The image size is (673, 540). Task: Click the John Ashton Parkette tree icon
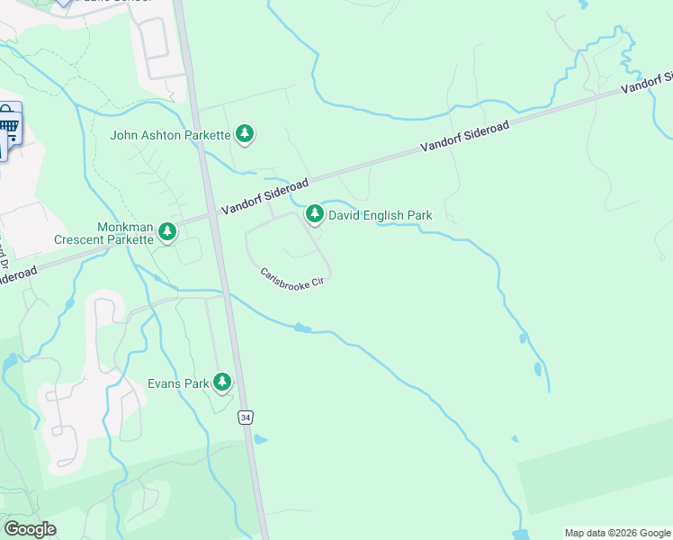(244, 135)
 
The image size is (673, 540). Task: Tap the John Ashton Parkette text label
(170, 136)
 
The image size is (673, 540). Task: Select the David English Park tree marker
(314, 214)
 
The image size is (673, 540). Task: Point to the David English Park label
(380, 215)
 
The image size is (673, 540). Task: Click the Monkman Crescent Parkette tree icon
(166, 232)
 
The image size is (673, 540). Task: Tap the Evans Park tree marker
(222, 382)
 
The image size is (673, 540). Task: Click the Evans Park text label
(178, 383)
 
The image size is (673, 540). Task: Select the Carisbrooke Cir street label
(291, 279)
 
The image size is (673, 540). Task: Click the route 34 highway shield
(245, 417)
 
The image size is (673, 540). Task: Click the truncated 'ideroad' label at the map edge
(18, 273)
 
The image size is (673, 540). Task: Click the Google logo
(30, 528)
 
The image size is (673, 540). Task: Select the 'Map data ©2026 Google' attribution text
(617, 533)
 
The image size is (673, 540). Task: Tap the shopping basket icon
(9, 123)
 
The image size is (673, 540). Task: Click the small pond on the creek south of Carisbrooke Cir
(303, 328)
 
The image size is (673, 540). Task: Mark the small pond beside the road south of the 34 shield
(260, 440)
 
